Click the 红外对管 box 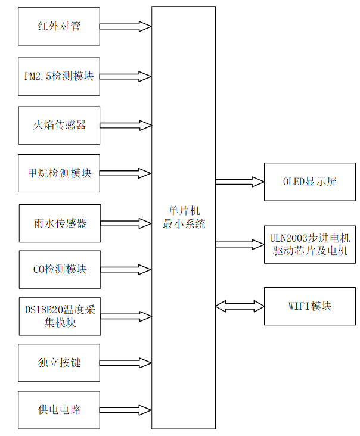(59, 27)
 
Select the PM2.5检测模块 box (59, 76)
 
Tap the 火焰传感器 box (59, 125)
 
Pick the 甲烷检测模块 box (59, 173)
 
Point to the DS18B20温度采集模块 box (59, 316)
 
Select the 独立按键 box (59, 363)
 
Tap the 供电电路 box (59, 410)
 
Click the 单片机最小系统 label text (184, 218)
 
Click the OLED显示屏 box (309, 182)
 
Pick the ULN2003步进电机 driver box (309, 244)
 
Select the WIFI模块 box (309, 306)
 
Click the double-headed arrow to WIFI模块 (240, 306)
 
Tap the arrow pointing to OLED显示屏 (240, 182)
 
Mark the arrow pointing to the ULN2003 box (240, 244)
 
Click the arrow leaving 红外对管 (126, 27)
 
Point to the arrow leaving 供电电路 (126, 410)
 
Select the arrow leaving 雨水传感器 (126, 223)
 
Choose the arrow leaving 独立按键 (126, 363)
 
